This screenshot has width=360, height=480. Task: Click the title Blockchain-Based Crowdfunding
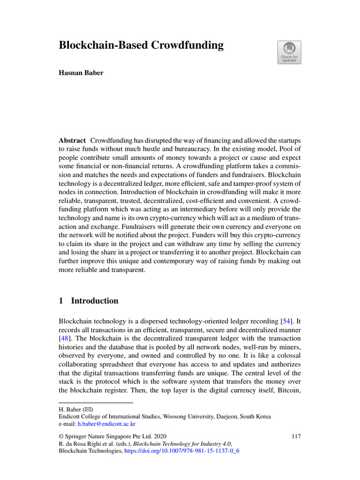click(x=141, y=45)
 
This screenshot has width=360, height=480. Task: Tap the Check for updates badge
click(x=290, y=52)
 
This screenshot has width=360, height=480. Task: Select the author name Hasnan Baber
click(x=81, y=74)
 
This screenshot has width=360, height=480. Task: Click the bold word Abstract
click(x=72, y=141)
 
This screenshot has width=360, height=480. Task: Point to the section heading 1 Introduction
click(x=89, y=301)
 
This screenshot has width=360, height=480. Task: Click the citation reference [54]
click(x=285, y=322)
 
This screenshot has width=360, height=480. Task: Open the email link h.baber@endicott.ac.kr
click(x=106, y=424)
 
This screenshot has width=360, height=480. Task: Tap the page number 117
click(x=296, y=436)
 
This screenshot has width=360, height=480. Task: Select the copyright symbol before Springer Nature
click(x=61, y=436)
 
